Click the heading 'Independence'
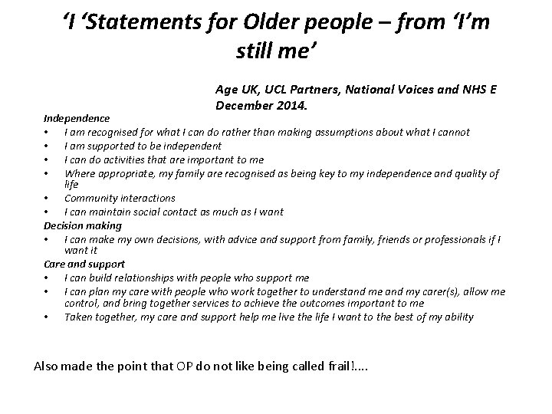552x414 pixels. click(x=76, y=119)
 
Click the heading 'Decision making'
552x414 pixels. click(x=83, y=225)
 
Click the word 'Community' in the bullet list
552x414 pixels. click(x=90, y=198)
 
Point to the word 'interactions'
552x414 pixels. click(x=146, y=198)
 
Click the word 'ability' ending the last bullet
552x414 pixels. click(x=458, y=317)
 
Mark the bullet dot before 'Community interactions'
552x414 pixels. click(x=48, y=199)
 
